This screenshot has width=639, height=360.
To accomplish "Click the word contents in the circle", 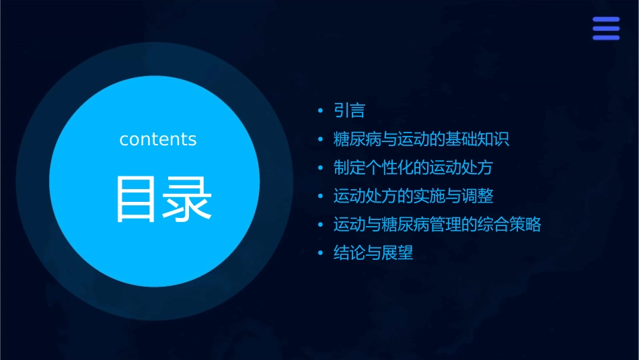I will pos(158,139).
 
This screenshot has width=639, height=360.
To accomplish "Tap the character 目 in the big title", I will pos(137,199).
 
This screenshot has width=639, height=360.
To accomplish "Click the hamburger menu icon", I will pos(606,28).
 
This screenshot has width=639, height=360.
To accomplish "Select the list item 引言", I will pos(349,111).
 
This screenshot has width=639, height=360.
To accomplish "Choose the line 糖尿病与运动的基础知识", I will pos(421,139).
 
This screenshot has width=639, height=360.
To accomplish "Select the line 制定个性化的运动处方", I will pos(413,168).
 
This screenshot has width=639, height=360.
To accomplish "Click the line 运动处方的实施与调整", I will pos(413,196).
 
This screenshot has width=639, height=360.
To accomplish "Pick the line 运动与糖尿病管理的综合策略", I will pos(437,224).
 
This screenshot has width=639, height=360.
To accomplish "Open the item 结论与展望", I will pos(373,253).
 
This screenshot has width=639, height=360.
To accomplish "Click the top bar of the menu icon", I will pos(606,20).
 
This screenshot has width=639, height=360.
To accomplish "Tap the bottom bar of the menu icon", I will pos(606,37).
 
